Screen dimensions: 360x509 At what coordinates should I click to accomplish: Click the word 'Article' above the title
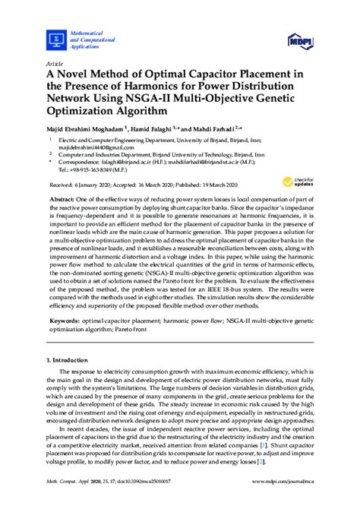(x=54, y=64)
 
